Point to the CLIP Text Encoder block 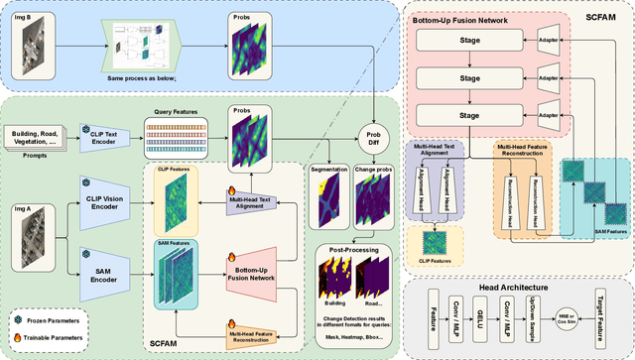point(106,136)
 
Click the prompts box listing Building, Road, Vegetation point(37,136)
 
